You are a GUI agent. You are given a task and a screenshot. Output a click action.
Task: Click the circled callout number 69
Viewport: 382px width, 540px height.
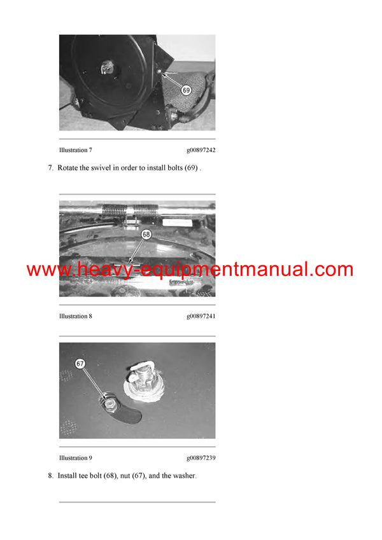pyautogui.click(x=186, y=90)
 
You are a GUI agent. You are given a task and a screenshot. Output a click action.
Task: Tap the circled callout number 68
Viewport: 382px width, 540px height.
pyautogui.click(x=146, y=234)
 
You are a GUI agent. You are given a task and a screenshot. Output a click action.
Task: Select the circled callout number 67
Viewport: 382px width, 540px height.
pyautogui.click(x=80, y=364)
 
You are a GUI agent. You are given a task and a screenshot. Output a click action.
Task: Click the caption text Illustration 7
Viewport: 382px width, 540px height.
pyautogui.click(x=76, y=150)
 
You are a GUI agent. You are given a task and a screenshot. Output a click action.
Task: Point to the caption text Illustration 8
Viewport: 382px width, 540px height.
pyautogui.click(x=76, y=316)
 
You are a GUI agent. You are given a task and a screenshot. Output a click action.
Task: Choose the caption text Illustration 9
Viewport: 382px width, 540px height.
pyautogui.click(x=76, y=457)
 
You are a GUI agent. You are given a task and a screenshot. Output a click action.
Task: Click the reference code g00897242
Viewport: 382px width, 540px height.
pyautogui.click(x=201, y=150)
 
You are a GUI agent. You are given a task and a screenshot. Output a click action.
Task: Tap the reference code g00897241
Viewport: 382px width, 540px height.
pyautogui.click(x=201, y=316)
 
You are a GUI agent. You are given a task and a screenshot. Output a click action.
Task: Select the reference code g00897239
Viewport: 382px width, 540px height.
pyautogui.click(x=201, y=457)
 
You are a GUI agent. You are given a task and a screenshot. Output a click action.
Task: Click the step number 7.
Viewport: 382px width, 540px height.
pyautogui.click(x=50, y=168)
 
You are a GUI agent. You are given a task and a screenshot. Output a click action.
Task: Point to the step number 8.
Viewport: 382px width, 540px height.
pyautogui.click(x=50, y=475)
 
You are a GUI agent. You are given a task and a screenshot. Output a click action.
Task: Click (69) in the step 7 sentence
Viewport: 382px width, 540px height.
pyautogui.click(x=190, y=168)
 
